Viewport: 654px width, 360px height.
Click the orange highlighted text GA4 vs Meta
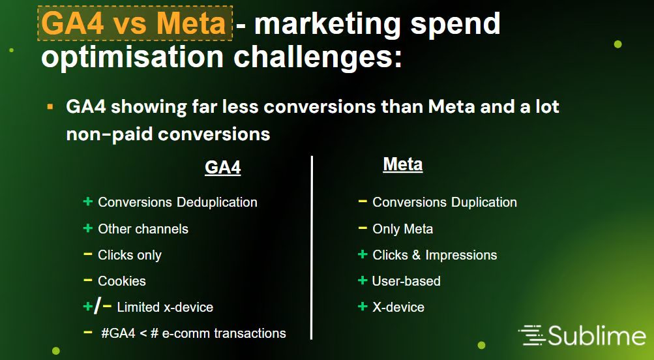tap(134, 23)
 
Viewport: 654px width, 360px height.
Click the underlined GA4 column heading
tap(223, 168)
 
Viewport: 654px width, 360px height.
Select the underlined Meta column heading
tap(403, 164)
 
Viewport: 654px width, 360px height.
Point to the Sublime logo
tap(582, 335)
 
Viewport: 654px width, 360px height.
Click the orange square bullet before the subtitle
tap(50, 107)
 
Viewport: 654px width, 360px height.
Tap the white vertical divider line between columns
tap(312, 248)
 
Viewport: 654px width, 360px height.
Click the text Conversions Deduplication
tap(177, 202)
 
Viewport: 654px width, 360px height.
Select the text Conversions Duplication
tap(445, 202)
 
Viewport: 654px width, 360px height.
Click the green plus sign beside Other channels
tap(87, 228)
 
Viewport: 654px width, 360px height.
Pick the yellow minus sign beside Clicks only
tap(87, 254)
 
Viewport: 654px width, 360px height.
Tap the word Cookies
tap(122, 281)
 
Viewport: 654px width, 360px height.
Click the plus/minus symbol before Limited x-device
tap(97, 307)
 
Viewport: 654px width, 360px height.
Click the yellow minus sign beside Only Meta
tap(363, 228)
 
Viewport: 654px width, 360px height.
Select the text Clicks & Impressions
tap(435, 255)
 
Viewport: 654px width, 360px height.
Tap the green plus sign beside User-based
tap(363, 280)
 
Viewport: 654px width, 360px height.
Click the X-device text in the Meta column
tap(398, 307)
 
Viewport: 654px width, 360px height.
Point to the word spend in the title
tap(456, 25)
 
